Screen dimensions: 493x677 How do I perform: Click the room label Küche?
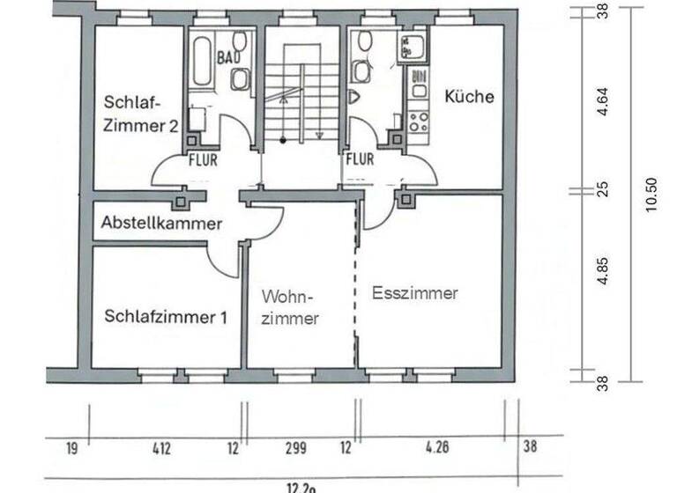pos(469,97)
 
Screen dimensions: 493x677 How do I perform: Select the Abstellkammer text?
pos(160,224)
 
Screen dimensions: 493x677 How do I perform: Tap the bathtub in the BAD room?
pos(200,62)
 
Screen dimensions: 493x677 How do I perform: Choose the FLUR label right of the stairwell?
pos(360,160)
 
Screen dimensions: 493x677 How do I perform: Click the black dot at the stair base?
pos(282,140)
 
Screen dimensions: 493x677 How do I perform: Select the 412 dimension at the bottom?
pos(160,448)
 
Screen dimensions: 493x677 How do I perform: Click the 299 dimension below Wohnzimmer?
pos(295,448)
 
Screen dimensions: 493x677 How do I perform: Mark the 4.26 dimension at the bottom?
pos(436,448)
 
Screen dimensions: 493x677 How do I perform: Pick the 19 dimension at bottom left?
pos(71,448)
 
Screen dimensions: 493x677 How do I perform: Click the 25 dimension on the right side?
pos(603,188)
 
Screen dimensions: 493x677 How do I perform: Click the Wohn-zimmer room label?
pos(289,308)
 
